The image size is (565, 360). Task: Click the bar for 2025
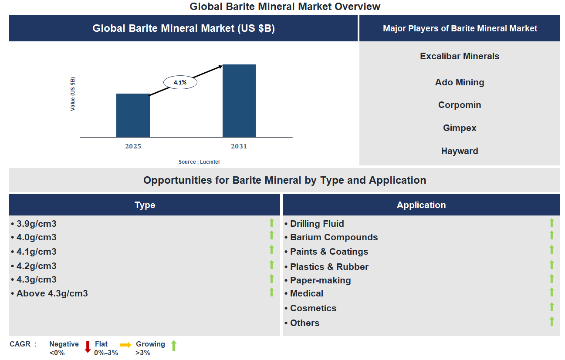(x=133, y=115)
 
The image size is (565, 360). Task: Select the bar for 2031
(x=239, y=101)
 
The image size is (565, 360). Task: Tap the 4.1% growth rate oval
(x=180, y=82)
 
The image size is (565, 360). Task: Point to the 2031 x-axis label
(x=239, y=147)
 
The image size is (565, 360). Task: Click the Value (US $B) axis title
(x=73, y=94)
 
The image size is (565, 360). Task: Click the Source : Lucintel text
(x=199, y=162)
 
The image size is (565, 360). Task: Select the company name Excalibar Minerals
(x=460, y=56)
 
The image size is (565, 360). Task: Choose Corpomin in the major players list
(x=460, y=105)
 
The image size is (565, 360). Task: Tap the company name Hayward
(x=460, y=151)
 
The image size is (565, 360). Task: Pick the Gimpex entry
(x=460, y=128)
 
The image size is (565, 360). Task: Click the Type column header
(x=145, y=205)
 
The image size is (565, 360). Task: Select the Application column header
(x=421, y=205)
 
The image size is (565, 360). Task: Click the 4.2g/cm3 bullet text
(x=37, y=266)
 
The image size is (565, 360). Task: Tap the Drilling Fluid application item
(x=317, y=224)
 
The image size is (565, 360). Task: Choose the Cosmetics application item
(x=313, y=308)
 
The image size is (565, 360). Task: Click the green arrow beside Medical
(x=551, y=293)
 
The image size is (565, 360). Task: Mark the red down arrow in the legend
(x=88, y=347)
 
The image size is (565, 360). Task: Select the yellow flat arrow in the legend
(x=125, y=345)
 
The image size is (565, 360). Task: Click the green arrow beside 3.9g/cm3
(x=271, y=223)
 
